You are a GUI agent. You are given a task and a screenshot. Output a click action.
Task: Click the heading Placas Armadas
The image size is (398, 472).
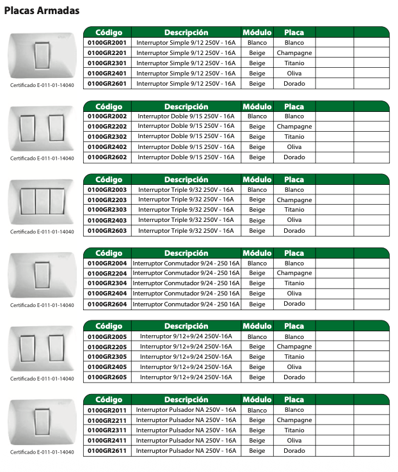(42, 11)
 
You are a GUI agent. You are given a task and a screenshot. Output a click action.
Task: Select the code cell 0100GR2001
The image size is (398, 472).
(107, 42)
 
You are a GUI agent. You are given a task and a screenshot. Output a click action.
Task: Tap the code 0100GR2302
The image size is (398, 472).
(107, 136)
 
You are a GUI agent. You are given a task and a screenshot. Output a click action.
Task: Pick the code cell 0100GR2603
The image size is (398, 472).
(107, 230)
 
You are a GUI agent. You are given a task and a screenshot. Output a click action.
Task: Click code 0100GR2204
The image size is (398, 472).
(107, 273)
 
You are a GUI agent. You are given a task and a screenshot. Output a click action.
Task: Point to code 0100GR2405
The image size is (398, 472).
(107, 367)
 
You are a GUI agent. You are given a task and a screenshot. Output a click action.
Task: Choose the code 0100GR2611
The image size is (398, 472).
(107, 451)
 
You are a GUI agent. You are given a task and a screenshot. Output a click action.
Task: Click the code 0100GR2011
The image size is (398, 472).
(107, 410)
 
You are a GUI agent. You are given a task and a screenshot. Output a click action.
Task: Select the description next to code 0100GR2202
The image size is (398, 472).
(186, 126)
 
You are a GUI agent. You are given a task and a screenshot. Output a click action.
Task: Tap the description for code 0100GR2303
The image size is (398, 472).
(186, 210)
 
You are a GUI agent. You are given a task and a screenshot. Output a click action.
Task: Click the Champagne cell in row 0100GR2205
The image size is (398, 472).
(294, 347)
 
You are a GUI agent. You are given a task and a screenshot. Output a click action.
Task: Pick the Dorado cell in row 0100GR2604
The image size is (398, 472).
(294, 304)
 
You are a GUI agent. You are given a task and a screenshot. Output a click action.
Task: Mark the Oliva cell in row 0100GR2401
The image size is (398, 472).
(294, 74)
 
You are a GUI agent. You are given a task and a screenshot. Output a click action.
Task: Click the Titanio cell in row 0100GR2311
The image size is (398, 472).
(294, 430)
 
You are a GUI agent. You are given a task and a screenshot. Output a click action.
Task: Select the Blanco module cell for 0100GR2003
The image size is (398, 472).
(257, 189)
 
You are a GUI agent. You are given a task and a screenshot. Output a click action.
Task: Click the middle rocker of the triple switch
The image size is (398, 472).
(42, 200)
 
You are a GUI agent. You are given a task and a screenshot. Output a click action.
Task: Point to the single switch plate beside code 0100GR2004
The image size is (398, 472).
(42, 274)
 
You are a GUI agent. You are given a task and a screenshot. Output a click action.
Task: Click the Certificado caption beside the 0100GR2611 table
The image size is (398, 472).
(42, 452)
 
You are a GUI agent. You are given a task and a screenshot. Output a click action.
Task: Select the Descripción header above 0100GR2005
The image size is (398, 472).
(186, 326)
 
